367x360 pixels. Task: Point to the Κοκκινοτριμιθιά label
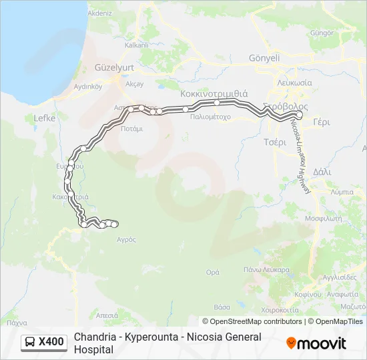214,93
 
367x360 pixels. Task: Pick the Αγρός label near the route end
126,239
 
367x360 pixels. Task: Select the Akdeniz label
100,13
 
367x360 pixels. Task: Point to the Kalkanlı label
136,45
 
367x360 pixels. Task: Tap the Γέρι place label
322,123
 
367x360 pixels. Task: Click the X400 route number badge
51,342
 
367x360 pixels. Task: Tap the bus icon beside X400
31,343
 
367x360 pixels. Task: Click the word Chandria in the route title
94,337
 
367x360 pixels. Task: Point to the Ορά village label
213,272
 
